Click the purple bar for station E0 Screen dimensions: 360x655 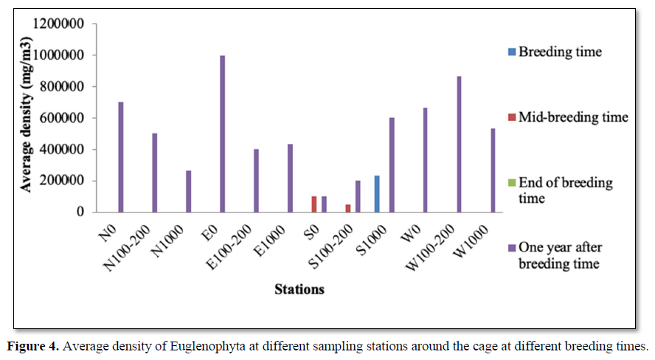pyautogui.click(x=222, y=134)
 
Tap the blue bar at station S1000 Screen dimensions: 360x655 pyautogui.click(x=377, y=194)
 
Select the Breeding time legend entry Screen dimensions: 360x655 pyautogui.click(x=560, y=52)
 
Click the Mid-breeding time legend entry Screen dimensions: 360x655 pyautogui.click(x=572, y=116)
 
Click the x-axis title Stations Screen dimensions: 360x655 pyautogui.click(x=299, y=289)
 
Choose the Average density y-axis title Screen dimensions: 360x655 pyautogui.click(x=27, y=117)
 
